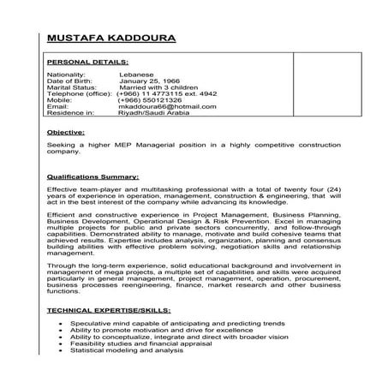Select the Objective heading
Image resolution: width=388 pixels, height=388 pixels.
[x=66, y=134]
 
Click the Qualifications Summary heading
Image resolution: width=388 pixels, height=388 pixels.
[x=93, y=176]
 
